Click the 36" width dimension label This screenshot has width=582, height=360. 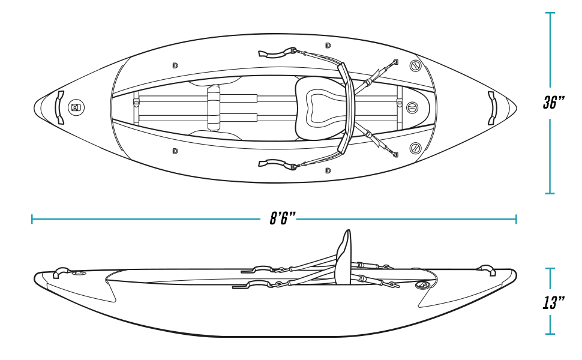tap(554, 103)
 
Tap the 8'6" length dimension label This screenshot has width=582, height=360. tap(283, 218)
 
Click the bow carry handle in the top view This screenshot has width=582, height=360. tap(60, 107)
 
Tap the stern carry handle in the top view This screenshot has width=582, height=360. tap(492, 108)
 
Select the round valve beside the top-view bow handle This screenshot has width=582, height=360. tap(76, 107)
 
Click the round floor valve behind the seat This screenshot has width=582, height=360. tap(412, 108)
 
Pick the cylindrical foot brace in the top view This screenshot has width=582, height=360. tap(214, 107)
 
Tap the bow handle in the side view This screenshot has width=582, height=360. tap(62, 272)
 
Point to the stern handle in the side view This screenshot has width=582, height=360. tap(487, 270)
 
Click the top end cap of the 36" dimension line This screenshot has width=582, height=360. tap(550, 13)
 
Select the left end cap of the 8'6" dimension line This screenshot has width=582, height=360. tap(32, 219)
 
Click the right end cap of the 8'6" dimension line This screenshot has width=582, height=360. tap(516, 219)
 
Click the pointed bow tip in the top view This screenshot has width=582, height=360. tap(34, 107)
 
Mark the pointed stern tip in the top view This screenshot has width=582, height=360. tap(517, 108)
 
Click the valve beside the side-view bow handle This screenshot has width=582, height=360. tap(79, 274)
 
